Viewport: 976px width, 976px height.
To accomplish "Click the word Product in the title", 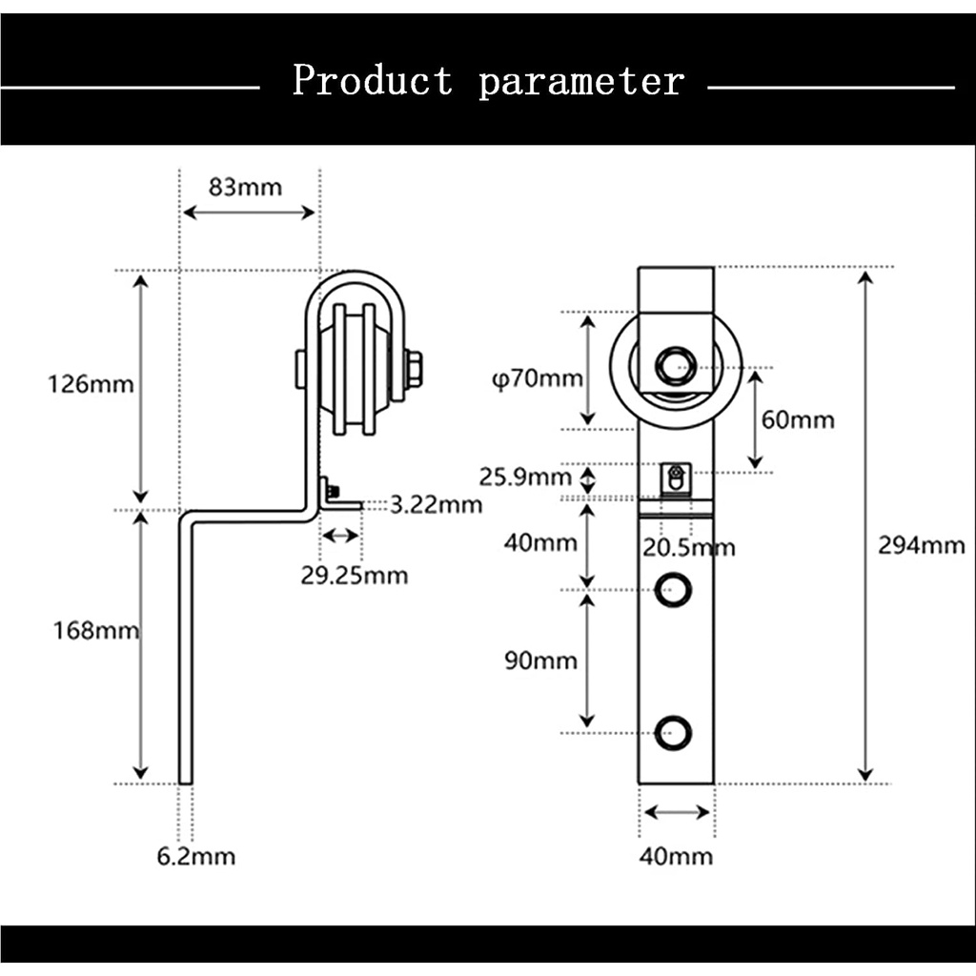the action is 373,80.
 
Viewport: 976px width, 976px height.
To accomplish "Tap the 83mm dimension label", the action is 245,187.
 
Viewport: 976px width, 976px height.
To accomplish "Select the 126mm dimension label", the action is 91,384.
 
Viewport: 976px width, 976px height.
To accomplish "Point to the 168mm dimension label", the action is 96,631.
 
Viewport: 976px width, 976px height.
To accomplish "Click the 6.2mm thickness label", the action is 196,857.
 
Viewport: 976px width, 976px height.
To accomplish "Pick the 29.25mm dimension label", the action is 355,576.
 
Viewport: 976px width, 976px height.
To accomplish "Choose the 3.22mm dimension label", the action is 436,505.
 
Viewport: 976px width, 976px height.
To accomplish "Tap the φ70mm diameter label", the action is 538,378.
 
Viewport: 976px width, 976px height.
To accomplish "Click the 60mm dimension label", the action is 798,420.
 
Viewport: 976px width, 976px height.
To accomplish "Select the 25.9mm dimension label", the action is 525,478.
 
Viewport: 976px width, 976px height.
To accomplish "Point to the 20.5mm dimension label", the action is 689,548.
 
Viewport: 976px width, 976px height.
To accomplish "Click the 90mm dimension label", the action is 541,661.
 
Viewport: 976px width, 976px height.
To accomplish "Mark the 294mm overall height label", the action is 922,546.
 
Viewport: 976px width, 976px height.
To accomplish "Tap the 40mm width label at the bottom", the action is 676,857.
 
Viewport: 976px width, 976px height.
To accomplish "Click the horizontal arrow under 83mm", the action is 249,213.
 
